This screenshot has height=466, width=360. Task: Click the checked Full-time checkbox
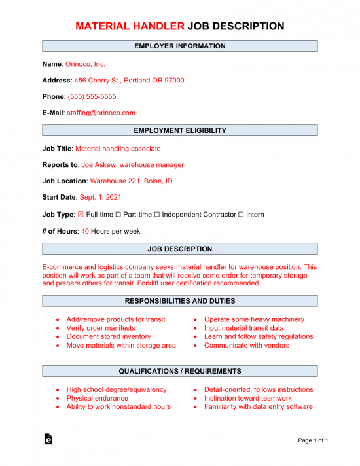pyautogui.click(x=81, y=214)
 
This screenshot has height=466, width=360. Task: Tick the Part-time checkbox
pyautogui.click(x=118, y=214)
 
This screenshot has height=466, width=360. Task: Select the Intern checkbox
pyautogui.click(x=241, y=214)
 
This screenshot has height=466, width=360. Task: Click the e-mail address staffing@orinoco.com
pyautogui.click(x=101, y=113)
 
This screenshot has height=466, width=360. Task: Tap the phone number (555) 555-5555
pyautogui.click(x=92, y=97)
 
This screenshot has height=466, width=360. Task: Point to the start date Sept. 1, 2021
pyautogui.click(x=99, y=197)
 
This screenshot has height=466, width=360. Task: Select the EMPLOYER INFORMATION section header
pyautogui.click(x=180, y=46)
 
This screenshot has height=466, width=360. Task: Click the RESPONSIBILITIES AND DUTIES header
pyautogui.click(x=180, y=301)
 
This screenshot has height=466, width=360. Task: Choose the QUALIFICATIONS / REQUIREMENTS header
pyautogui.click(x=180, y=371)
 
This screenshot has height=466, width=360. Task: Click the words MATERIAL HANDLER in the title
pyautogui.click(x=130, y=26)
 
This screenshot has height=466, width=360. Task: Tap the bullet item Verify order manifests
pyautogui.click(x=101, y=328)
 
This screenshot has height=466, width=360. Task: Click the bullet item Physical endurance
pyautogui.click(x=98, y=398)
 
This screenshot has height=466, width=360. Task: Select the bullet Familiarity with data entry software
pyautogui.click(x=259, y=406)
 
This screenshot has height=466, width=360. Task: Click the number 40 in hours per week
pyautogui.click(x=85, y=231)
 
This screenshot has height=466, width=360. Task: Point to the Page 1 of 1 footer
pyautogui.click(x=312, y=440)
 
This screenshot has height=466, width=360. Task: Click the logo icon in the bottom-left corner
pyautogui.click(x=48, y=440)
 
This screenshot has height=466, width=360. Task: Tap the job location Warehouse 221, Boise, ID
pyautogui.click(x=131, y=181)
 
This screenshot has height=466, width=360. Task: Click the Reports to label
pyautogui.click(x=60, y=165)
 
